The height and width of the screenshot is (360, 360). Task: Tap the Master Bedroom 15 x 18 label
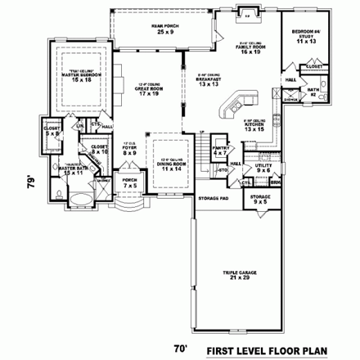pos(79,76)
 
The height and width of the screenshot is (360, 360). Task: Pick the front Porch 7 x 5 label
pos(129,184)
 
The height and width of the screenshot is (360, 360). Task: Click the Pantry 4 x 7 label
pos(220,149)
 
